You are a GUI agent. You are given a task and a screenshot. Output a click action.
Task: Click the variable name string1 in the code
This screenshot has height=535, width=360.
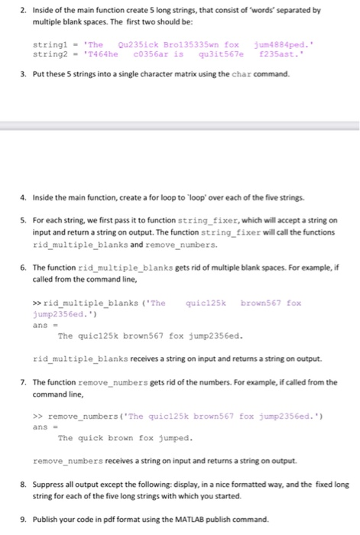(x=51, y=45)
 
